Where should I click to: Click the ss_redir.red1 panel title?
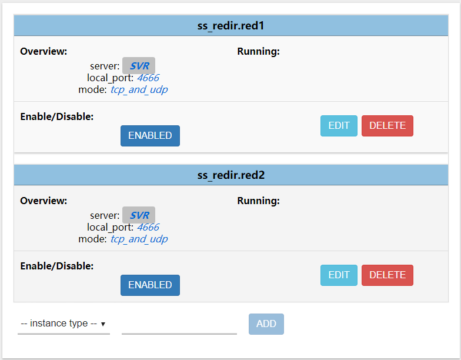[x=230, y=26]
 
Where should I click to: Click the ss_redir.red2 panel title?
[x=230, y=175]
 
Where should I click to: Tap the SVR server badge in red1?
[x=139, y=66]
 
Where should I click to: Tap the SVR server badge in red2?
[x=139, y=215]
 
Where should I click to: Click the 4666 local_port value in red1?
[x=148, y=78]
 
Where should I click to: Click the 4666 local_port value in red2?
[x=148, y=227]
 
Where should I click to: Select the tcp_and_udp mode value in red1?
[x=139, y=89]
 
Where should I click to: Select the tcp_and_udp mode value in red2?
[x=139, y=239]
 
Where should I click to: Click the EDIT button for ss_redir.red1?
[x=339, y=126]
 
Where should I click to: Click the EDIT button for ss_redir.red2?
[x=339, y=275]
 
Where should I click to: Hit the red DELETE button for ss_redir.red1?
[x=387, y=126]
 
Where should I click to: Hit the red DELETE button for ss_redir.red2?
[x=387, y=275]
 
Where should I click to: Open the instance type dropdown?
[x=64, y=324]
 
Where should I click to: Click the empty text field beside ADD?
[x=179, y=324]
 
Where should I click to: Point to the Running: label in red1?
[x=258, y=51]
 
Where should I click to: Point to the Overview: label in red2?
[x=44, y=201]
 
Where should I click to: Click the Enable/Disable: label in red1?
[x=56, y=116]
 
